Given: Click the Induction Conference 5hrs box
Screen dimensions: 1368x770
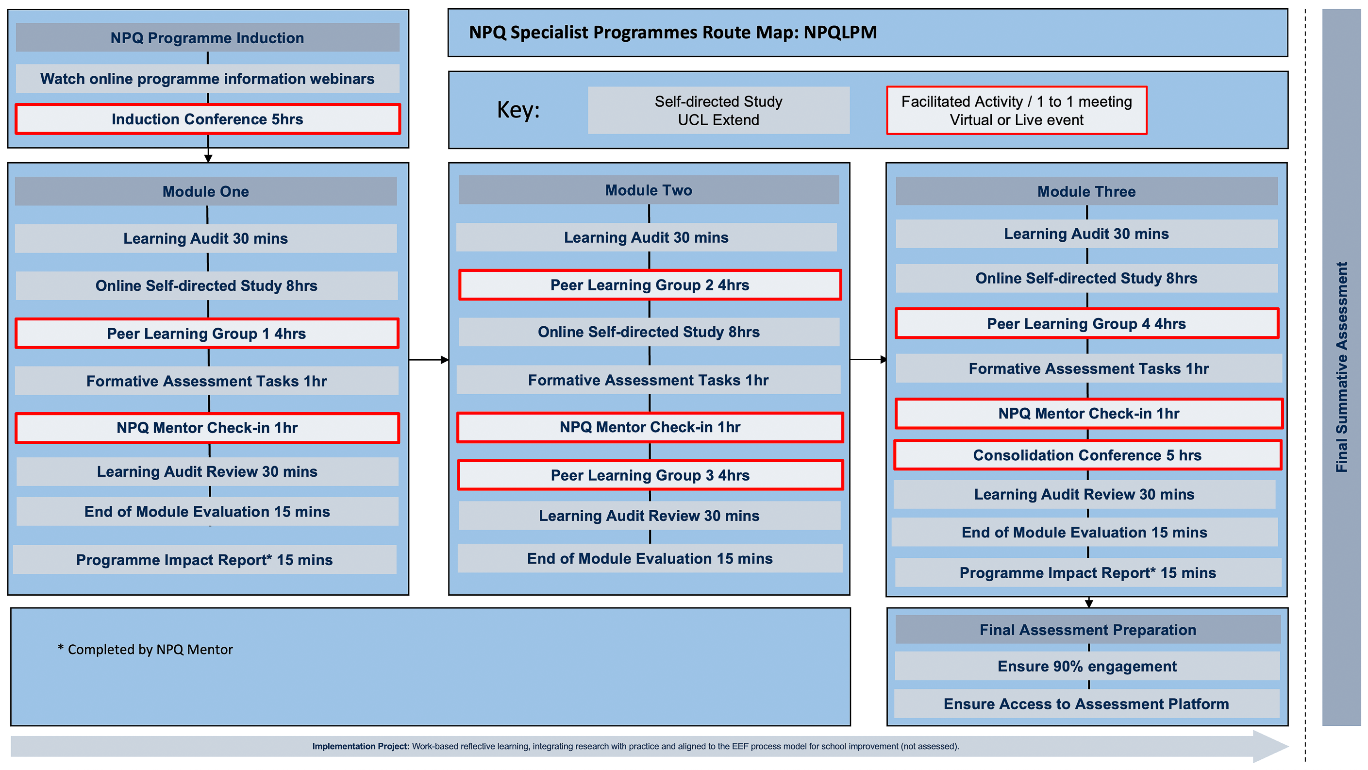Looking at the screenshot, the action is point(208,119).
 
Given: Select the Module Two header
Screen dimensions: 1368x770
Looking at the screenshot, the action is point(649,190).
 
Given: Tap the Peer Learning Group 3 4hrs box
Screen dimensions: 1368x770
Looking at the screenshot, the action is point(650,475).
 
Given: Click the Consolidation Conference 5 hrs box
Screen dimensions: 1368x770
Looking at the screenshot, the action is point(1087,455).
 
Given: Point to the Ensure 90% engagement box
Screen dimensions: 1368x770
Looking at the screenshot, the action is point(1087,666).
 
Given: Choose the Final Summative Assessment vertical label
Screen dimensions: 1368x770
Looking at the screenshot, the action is point(1341,367).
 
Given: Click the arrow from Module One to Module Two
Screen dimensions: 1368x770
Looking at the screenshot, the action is point(429,360).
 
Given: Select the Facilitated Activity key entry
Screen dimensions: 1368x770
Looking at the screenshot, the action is point(1017,111).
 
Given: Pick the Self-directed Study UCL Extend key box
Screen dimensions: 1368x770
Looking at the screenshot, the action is point(718,111).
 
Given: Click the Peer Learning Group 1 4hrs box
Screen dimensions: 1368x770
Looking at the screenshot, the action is point(207,334).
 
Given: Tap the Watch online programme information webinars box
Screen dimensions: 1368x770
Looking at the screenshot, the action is point(208,79).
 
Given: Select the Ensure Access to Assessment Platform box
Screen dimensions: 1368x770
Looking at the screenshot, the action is point(1086,703).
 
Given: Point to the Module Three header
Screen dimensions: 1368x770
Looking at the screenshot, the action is point(1086,191).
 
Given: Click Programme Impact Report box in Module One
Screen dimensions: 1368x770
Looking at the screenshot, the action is point(204,560).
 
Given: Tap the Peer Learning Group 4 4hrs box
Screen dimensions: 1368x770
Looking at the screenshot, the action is point(1086,323).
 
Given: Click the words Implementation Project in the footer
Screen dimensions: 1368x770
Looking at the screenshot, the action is point(361,746).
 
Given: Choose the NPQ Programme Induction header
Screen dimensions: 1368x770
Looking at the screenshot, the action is point(208,38).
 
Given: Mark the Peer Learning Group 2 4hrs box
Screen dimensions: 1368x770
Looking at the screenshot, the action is point(650,285).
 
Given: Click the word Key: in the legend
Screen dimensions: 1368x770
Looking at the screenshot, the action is point(518,110).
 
